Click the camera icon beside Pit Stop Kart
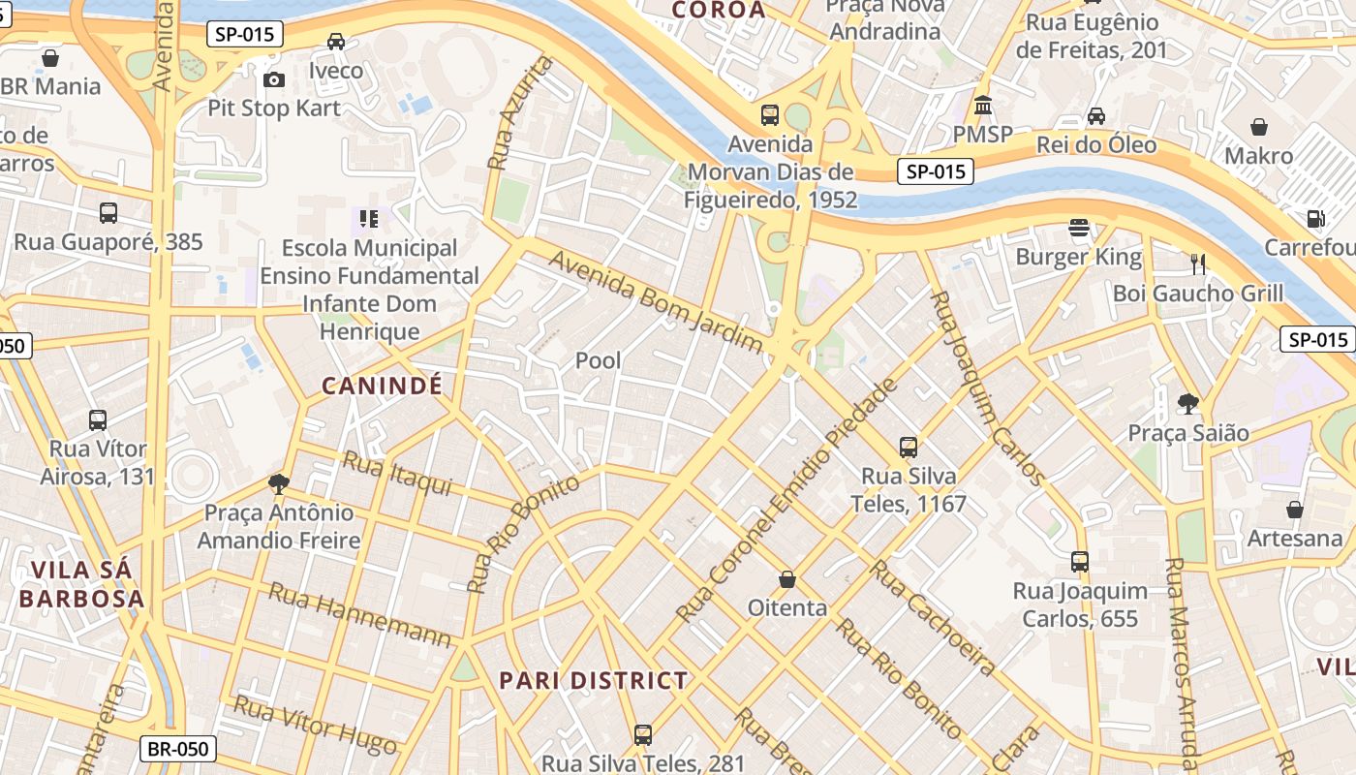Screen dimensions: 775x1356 point(274,79)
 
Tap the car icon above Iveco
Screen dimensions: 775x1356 point(336,42)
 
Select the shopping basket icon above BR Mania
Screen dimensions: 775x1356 point(50,58)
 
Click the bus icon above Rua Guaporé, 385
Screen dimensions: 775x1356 point(108,213)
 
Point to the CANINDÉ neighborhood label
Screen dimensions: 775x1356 point(382,386)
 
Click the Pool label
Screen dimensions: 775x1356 point(599,360)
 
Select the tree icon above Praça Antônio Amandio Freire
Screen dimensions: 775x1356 point(279,483)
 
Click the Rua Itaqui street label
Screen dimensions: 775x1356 point(397,474)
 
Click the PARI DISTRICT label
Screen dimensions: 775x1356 point(593,680)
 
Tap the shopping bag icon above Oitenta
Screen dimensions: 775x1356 point(787,579)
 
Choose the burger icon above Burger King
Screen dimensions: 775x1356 point(1079,229)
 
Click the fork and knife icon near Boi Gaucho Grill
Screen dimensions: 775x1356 point(1197,263)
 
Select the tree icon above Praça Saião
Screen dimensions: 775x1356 point(1188,403)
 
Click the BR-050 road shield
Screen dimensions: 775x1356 point(178,748)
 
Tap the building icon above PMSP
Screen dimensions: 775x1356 point(983,105)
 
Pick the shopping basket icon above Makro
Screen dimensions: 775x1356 point(1259,127)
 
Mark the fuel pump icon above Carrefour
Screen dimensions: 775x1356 point(1315,219)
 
